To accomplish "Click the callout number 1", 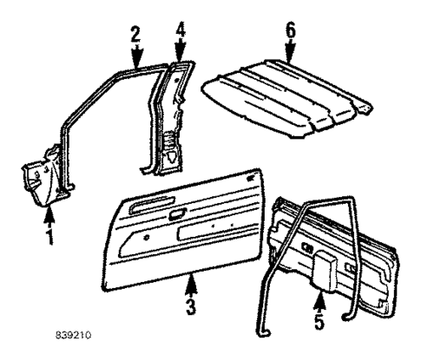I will click(x=49, y=235).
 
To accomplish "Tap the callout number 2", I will click(x=135, y=35).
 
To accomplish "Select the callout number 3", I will click(x=190, y=306).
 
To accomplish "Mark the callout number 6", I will click(x=290, y=30).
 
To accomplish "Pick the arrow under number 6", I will click(x=290, y=52).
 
